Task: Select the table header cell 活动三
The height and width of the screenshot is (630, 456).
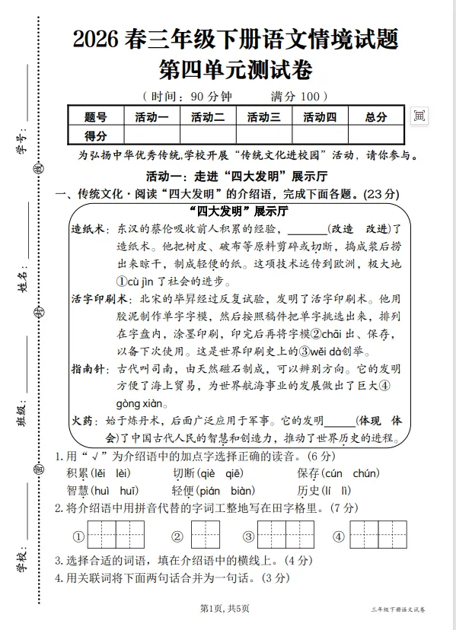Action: click(x=264, y=117)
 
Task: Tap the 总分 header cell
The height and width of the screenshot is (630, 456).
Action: click(x=375, y=117)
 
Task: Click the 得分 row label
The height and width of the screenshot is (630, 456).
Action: click(x=95, y=135)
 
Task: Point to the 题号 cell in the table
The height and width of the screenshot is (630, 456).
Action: click(x=95, y=117)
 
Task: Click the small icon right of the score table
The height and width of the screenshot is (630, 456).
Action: click(x=419, y=116)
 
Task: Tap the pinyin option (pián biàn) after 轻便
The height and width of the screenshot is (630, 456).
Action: click(x=224, y=491)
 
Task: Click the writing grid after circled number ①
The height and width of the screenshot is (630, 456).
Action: click(x=116, y=535)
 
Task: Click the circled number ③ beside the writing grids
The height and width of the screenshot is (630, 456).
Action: click(x=247, y=536)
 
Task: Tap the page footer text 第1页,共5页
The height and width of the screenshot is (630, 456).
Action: click(x=224, y=608)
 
